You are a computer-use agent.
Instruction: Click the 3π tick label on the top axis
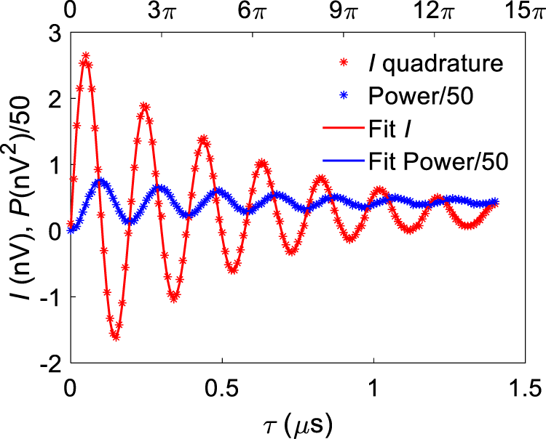point(162,12)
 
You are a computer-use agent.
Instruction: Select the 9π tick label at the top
point(344,12)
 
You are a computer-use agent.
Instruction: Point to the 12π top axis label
point(435,12)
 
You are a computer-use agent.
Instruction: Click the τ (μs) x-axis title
point(298,420)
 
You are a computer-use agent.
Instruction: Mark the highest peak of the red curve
point(86,56)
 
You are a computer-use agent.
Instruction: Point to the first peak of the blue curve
point(100,182)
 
